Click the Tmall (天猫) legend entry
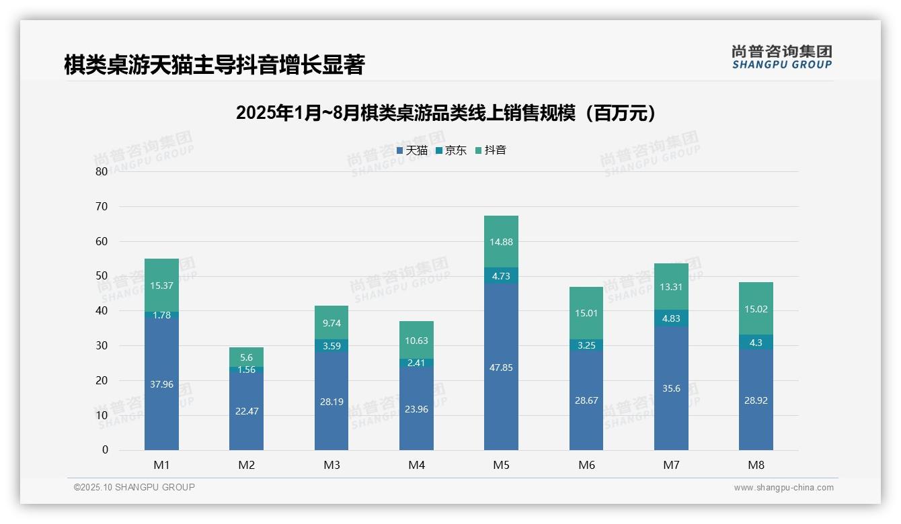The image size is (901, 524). click(412, 150)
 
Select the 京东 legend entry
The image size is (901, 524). click(451, 150)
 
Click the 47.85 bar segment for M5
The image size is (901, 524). click(501, 367)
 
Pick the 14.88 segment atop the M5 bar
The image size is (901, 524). click(501, 242)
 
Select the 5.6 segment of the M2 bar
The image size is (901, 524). click(246, 357)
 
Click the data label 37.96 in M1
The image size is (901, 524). click(161, 384)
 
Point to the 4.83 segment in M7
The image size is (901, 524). click(671, 318)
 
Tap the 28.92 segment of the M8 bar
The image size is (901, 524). click(756, 400)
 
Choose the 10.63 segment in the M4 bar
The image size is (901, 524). click(416, 340)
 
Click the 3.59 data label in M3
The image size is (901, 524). click(331, 346)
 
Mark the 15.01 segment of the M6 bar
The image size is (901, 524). click(586, 313)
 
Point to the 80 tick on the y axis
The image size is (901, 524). click(102, 171)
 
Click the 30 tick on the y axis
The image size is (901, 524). click(102, 345)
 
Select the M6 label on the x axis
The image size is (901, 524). click(586, 465)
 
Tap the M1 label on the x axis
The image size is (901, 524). click(161, 465)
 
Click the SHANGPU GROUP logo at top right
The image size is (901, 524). click(781, 57)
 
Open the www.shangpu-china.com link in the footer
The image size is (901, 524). click(783, 488)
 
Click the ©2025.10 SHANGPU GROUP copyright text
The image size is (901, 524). click(134, 487)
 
